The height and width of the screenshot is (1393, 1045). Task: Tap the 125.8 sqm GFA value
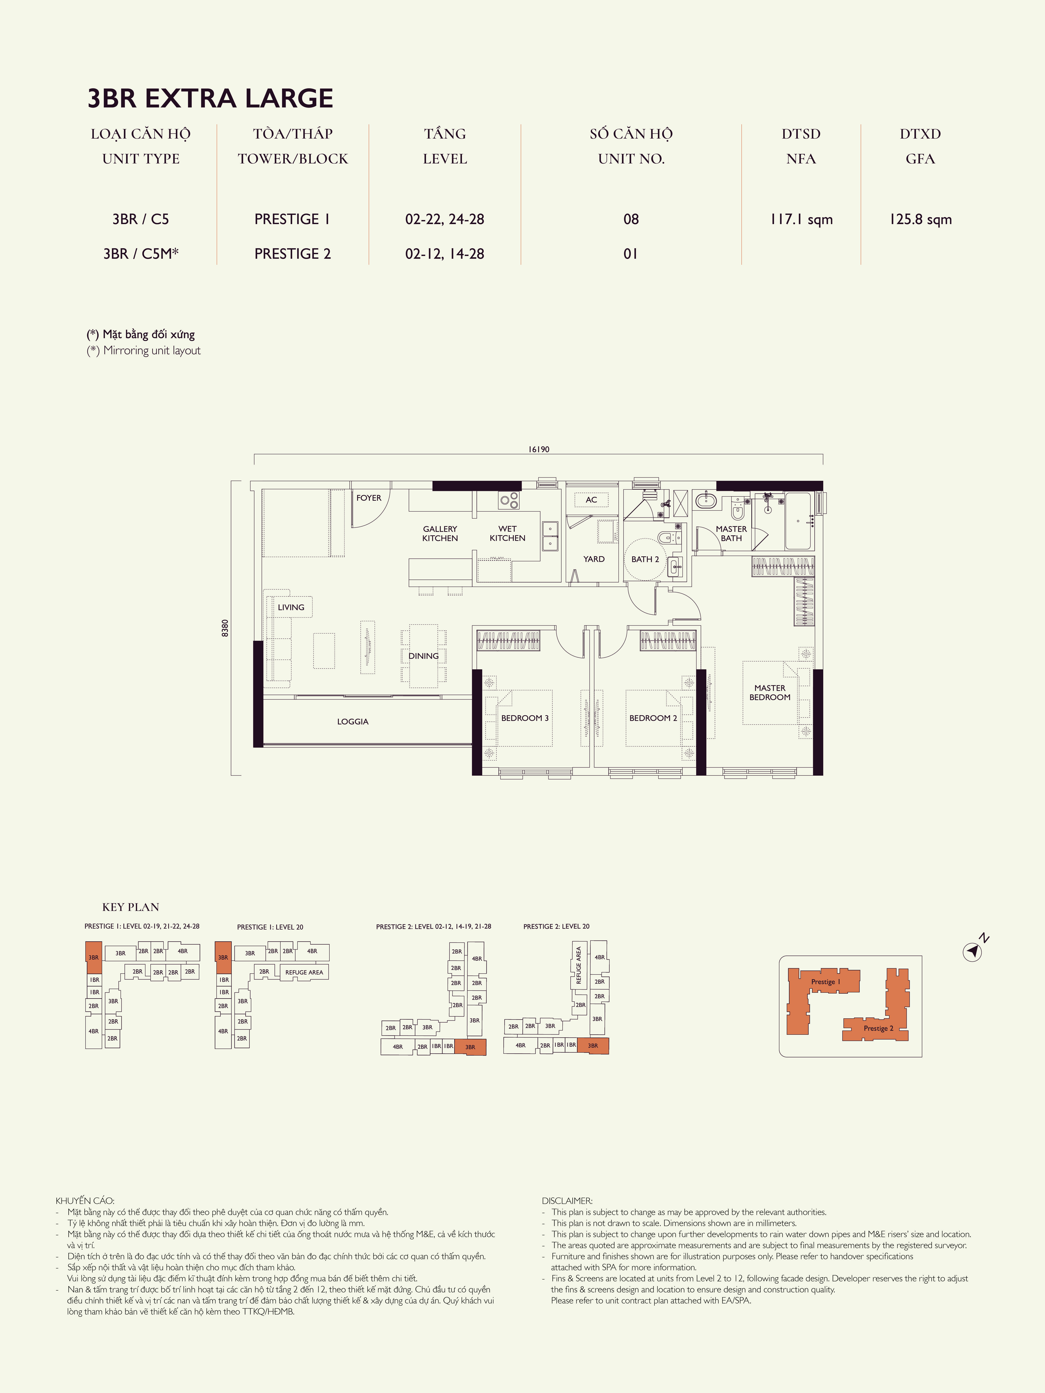click(x=920, y=219)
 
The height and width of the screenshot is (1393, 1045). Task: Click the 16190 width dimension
click(x=539, y=449)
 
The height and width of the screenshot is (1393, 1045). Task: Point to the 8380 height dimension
click(x=225, y=628)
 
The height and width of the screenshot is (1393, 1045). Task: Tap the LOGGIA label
click(x=353, y=722)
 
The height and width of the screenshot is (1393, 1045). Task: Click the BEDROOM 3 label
click(x=525, y=718)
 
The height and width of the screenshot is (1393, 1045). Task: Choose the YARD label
click(x=594, y=559)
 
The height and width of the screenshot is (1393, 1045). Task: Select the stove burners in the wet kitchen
click(x=510, y=501)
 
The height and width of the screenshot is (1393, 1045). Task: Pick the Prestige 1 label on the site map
click(x=825, y=982)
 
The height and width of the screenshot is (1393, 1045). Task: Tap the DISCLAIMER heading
click(x=567, y=1201)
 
